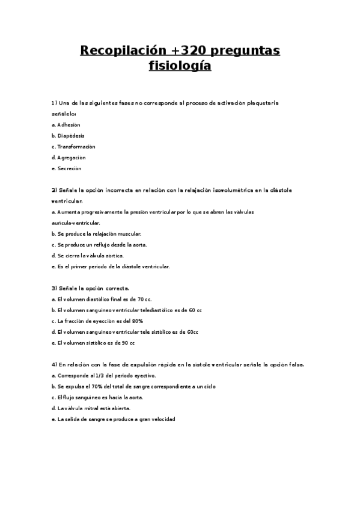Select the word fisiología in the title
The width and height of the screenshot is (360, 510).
180,66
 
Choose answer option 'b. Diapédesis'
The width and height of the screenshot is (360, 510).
69,136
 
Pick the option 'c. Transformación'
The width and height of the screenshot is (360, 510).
73,147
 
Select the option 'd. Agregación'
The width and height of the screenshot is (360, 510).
69,158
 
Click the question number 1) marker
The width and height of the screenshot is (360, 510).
54,103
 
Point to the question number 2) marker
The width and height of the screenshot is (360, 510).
54,190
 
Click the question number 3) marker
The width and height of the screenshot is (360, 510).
54,289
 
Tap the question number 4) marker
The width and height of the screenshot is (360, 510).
54,364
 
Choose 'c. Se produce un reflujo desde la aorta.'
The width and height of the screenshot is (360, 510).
99,244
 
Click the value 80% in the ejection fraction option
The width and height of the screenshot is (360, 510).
137,321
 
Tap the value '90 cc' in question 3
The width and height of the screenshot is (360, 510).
127,343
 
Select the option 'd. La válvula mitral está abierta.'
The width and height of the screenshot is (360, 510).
91,408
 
